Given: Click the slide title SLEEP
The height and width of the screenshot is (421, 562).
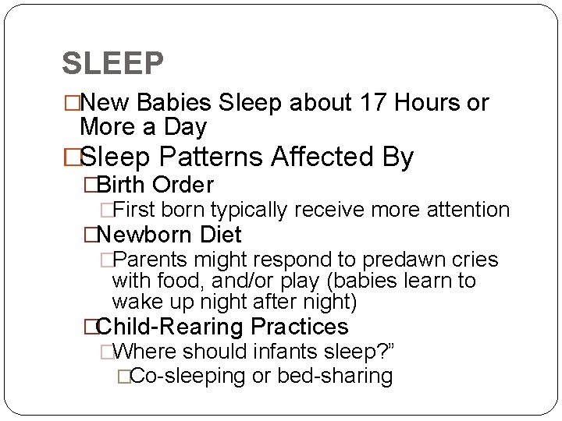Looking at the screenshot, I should click(112, 64).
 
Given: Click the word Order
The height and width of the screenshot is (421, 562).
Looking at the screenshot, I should click(183, 186).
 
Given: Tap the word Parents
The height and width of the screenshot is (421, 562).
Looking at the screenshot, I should click(153, 260).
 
